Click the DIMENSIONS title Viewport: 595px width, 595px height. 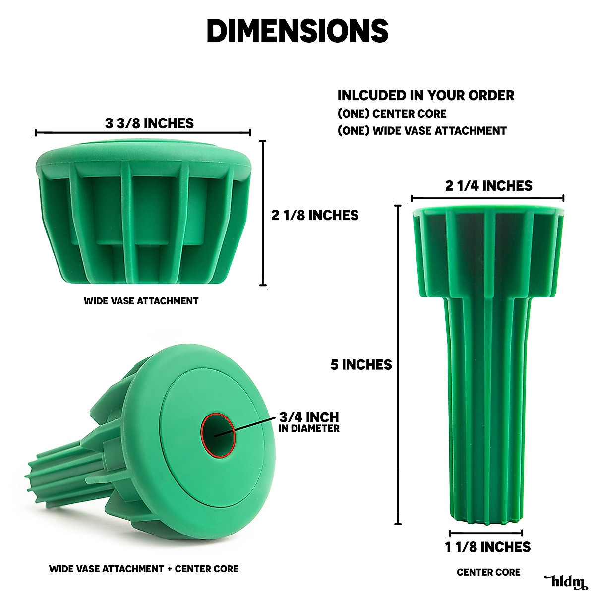tap(297, 31)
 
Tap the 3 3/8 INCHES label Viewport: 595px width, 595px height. tap(149, 123)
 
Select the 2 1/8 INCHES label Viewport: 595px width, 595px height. tap(315, 215)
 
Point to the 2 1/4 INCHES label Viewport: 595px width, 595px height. tap(488, 186)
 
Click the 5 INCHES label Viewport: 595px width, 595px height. tap(361, 365)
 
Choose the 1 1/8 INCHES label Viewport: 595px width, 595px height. tap(487, 547)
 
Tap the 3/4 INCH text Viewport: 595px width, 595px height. tap(309, 417)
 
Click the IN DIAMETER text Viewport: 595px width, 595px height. tap(309, 428)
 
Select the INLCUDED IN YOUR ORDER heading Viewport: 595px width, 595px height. tap(426, 95)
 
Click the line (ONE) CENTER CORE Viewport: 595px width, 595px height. tap(392, 114)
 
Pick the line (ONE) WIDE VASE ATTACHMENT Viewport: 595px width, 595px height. tap(422, 131)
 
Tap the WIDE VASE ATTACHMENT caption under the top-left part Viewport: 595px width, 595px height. tap(141, 301)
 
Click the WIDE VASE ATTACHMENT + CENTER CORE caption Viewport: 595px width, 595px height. tap(144, 569)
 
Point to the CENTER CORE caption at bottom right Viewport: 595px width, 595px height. tap(488, 572)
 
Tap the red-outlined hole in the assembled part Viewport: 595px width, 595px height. tap(218, 434)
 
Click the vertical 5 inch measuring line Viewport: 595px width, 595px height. tap(398, 364)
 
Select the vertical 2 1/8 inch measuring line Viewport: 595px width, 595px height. tap(263, 213)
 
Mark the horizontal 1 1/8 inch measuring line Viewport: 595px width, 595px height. tap(486, 533)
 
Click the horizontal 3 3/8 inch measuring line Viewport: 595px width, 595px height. tap(143, 132)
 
